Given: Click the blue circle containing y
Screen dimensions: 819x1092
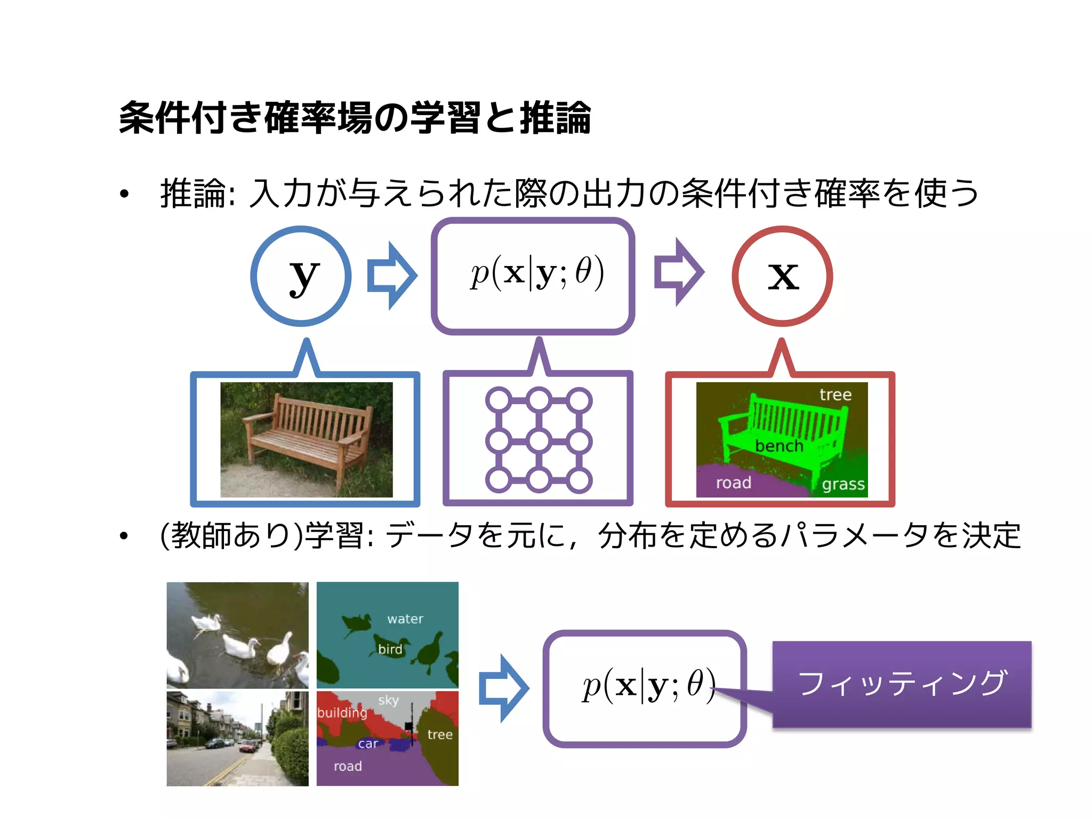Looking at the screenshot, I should pos(301,276).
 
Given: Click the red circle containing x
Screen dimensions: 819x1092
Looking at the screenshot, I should pos(782,276).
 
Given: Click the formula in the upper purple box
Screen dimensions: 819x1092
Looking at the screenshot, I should pos(537,272).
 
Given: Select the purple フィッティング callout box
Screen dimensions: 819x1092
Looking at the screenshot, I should pos(902,684).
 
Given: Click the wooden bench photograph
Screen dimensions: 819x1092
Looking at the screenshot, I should pos(307,440).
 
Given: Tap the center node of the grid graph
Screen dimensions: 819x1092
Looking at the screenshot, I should pos(539,441).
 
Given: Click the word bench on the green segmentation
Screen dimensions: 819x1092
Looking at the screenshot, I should pos(779,446).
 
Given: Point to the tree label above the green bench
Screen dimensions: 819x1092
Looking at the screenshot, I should pos(836,395).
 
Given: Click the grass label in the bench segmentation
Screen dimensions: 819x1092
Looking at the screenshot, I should pos(843,484).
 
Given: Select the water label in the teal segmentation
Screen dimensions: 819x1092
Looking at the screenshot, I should pos(405,619).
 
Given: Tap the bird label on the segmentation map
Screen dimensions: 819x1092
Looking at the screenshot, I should pos(390,649).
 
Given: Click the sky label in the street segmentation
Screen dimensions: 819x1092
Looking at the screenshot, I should pos(388,700).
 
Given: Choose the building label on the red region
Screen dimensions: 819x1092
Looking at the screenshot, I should pos(342,713).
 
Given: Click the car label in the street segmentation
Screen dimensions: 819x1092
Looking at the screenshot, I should pos(368,744).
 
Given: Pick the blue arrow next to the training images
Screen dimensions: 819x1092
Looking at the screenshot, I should pos(503,688).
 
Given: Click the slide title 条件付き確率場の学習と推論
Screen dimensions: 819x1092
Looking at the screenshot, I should pos(355,118).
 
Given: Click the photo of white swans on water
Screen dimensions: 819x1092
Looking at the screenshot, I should pos(238,635).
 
